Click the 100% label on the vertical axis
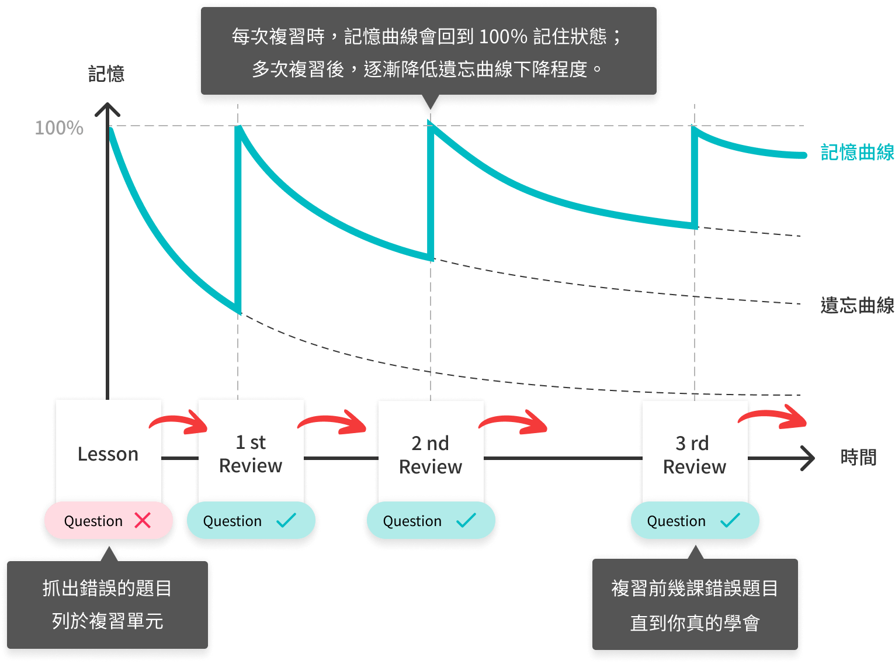pos(59,128)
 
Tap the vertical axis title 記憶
pos(106,74)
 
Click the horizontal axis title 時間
pos(858,457)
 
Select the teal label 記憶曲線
pos(857,153)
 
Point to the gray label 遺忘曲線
pos(857,305)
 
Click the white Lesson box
pos(108,453)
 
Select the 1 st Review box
pos(251,454)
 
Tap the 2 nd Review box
pos(431,455)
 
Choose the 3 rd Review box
pos(695,455)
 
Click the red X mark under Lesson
pos(143,520)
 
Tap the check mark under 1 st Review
pos(286,520)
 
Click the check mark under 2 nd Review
pos(466,520)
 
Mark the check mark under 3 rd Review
pos(730,520)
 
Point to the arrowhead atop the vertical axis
pos(107,109)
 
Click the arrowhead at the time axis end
pos(808,458)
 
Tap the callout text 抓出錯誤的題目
pos(107,588)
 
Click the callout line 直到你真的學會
pos(695,623)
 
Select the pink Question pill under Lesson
pos(93,520)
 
